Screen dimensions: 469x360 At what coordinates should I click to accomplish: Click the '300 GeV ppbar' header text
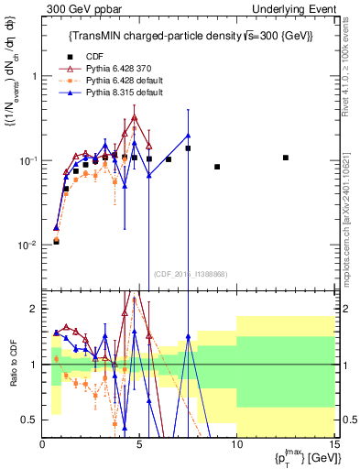[x=75, y=8]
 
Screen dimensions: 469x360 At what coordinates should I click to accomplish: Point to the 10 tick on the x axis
[x=235, y=446]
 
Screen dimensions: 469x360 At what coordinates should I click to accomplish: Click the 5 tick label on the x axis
[x=139, y=446]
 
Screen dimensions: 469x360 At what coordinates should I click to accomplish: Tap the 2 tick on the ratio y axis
[x=35, y=309]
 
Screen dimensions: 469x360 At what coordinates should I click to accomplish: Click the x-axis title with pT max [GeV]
[x=298, y=458]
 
